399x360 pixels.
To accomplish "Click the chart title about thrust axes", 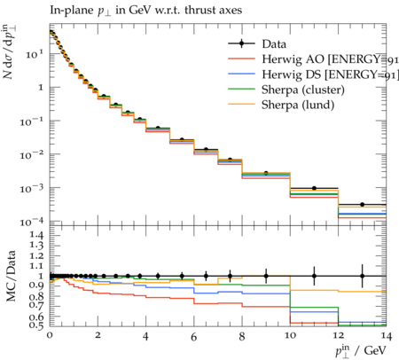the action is [146, 11].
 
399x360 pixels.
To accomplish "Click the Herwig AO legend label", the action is [330, 59].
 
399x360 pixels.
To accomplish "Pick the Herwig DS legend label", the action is [330, 74].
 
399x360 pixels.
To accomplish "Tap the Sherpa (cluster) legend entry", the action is [303, 90].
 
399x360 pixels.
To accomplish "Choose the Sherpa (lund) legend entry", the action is [298, 105].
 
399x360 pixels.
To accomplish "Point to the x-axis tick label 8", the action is [242, 336].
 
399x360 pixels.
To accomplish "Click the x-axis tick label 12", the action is [338, 336].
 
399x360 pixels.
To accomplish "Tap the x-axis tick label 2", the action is [98, 336].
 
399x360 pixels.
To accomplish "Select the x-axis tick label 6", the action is [194, 336].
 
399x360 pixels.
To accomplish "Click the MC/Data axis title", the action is [11, 277].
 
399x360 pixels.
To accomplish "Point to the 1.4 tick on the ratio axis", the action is [36, 236].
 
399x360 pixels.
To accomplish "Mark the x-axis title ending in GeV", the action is [361, 351].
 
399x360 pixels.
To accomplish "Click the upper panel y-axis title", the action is [10, 51].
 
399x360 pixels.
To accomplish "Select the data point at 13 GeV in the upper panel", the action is [362, 205].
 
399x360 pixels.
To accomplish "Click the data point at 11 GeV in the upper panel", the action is [314, 188].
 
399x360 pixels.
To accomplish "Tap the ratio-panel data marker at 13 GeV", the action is [362, 276].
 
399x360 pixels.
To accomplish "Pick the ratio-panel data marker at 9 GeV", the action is [266, 276].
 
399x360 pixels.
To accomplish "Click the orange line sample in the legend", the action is [241, 105].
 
